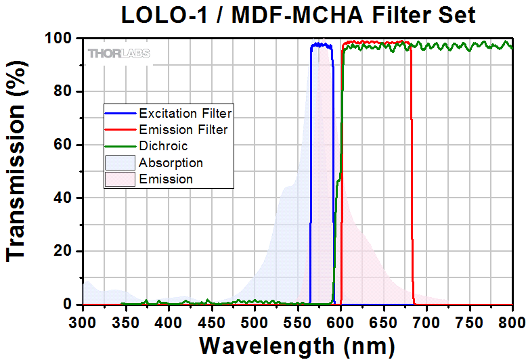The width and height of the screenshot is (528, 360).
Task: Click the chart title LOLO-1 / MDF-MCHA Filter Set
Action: tap(298, 14)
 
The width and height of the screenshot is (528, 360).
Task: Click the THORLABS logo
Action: tap(118, 53)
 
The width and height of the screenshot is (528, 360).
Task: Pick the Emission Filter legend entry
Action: tap(183, 129)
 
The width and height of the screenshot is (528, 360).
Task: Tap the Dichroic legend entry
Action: tap(163, 145)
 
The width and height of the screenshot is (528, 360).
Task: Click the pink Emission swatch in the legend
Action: tap(120, 179)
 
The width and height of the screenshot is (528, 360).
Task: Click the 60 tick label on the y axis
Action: tap(63, 145)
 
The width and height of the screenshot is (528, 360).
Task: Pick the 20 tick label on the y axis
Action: tap(63, 251)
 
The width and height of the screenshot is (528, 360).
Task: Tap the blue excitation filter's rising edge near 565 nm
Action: tap(311, 176)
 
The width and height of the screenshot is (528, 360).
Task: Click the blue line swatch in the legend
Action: tap(120, 112)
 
